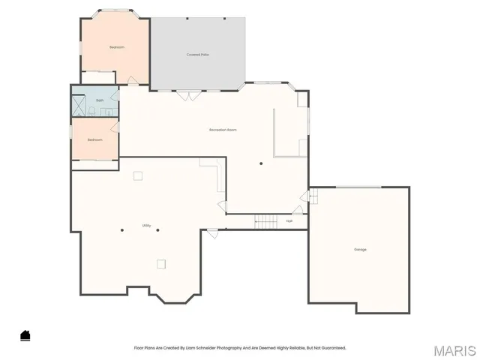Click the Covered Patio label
pos(198,55)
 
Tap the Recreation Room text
pos(223,130)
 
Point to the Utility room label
pos(146,225)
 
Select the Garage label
pos(361,249)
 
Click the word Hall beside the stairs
pos(289,220)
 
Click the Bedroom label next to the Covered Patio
pos(116,47)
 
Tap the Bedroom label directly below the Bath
pos(94,139)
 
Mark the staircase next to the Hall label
pos(265,220)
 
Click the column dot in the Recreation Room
pos(261,163)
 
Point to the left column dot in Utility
pos(122,229)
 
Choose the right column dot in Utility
pos(158,229)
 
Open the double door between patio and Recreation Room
pos(187,94)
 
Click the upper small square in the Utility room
pos(137,175)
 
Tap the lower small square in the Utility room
pos(161,262)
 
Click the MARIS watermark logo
pos(454,349)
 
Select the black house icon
pos(25,335)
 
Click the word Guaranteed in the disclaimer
pos(334,348)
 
